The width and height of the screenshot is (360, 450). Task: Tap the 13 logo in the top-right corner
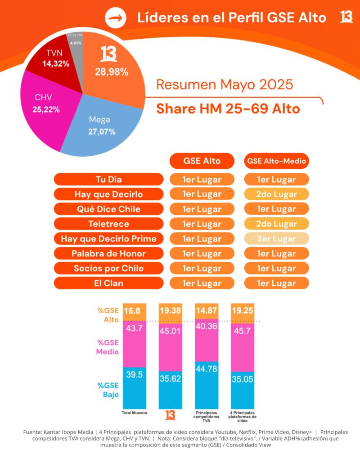click(x=346, y=17)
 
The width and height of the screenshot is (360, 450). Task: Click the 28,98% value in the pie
click(x=111, y=72)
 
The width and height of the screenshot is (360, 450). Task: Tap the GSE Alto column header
click(x=202, y=161)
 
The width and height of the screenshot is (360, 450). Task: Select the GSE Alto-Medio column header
click(x=276, y=161)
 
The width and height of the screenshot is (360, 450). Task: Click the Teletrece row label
click(x=108, y=224)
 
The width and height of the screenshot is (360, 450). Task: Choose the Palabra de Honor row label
click(x=108, y=253)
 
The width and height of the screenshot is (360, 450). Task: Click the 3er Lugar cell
click(x=276, y=238)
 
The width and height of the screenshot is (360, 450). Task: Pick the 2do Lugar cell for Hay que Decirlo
click(x=276, y=194)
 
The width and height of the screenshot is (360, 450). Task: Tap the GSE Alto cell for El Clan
click(x=202, y=283)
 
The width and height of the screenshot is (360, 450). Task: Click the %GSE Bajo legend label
click(x=108, y=390)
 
